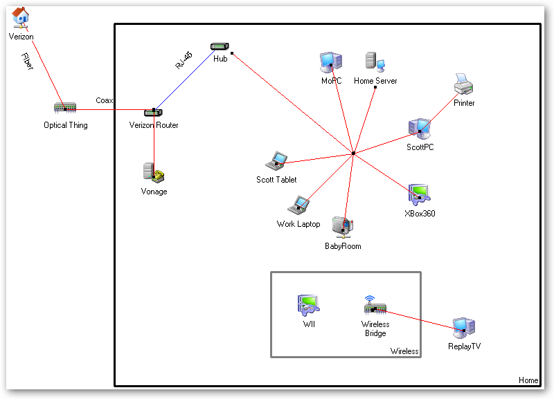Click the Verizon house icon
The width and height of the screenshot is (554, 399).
point(21,17)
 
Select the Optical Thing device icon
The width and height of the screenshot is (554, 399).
point(65,109)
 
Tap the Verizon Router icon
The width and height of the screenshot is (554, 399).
point(153,112)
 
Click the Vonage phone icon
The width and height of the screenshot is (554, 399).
point(154,173)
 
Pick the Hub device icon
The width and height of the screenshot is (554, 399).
point(220,46)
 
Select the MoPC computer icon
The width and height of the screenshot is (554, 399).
point(331,63)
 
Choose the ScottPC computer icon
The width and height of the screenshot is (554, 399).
point(420,129)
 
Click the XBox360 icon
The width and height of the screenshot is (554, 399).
point(419,195)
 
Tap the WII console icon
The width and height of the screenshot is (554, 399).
point(308,305)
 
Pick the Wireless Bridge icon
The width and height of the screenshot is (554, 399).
point(375,306)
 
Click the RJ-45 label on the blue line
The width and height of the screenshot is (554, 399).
point(184,60)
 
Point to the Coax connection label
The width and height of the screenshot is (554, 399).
point(105,101)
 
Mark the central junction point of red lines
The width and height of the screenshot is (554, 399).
point(353,153)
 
